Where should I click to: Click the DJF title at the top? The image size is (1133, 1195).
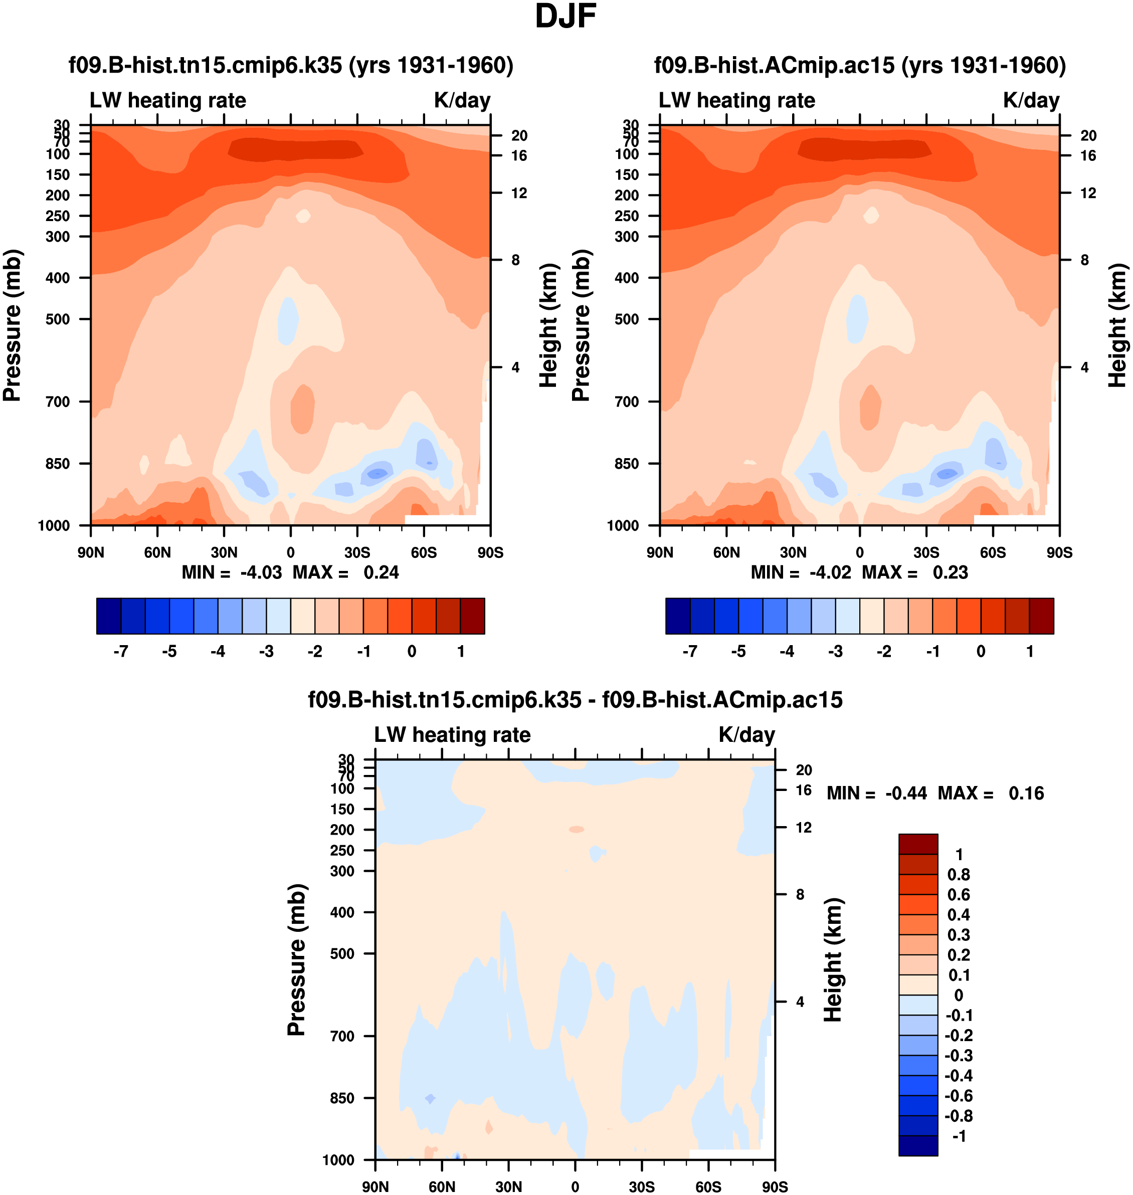tap(565, 17)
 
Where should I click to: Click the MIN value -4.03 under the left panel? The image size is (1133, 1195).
tap(261, 572)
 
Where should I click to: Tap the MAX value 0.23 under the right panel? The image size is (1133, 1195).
tap(950, 572)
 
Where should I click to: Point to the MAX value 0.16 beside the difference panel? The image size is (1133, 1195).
tap(1026, 793)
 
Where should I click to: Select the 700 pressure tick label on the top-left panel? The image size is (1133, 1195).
tap(58, 402)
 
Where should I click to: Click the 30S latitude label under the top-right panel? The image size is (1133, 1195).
tap(926, 552)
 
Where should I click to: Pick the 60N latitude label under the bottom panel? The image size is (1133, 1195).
tap(442, 1186)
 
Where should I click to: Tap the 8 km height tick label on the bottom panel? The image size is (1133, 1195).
tap(800, 894)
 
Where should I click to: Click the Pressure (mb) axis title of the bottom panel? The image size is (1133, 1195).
tap(297, 960)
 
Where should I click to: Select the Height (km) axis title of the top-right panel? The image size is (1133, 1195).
tap(1118, 326)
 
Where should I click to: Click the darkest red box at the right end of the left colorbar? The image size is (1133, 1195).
tap(472, 616)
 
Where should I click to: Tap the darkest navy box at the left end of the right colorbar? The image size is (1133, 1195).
tap(678, 616)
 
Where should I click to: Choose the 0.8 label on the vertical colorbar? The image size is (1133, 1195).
tap(959, 874)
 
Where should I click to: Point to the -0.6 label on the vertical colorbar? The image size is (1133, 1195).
tap(959, 1095)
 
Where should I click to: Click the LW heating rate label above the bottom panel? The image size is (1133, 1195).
tap(452, 735)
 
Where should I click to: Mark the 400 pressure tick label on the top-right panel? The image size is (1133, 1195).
tap(626, 278)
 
